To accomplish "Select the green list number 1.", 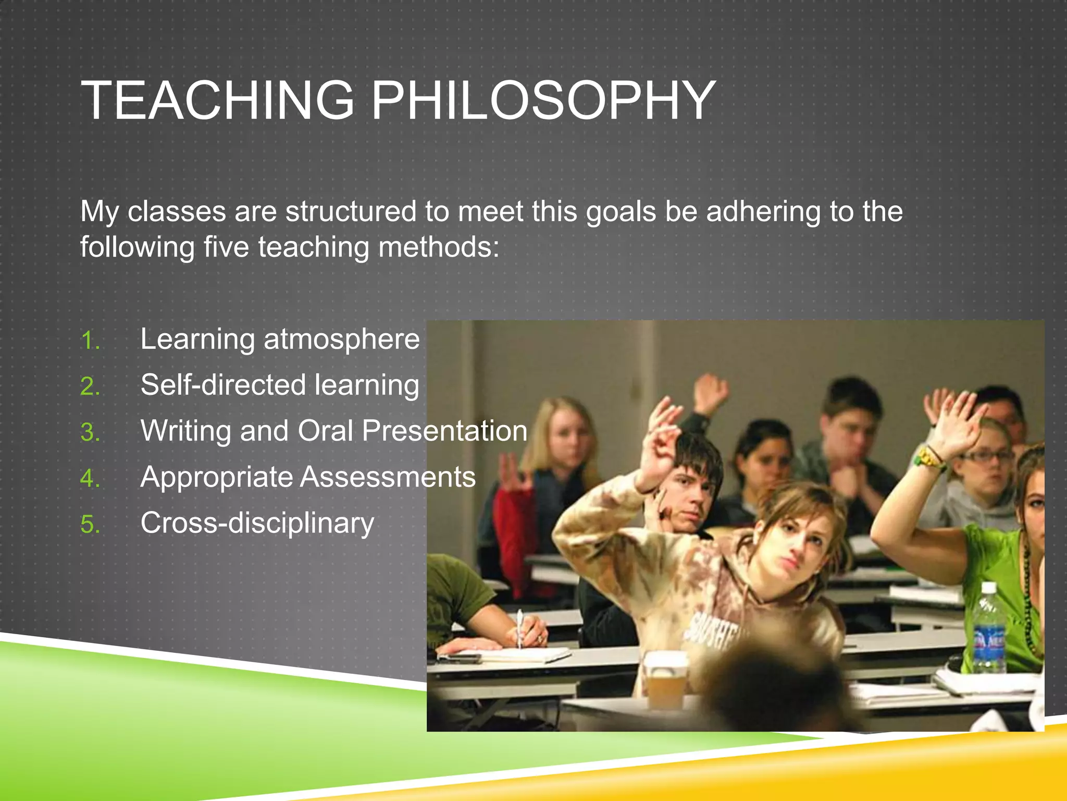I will [90, 341].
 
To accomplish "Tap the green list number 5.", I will [90, 525].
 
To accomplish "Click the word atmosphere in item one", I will [341, 339].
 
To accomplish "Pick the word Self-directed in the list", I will [223, 385].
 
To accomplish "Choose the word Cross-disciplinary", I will [257, 523].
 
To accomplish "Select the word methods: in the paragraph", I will [439, 247].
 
